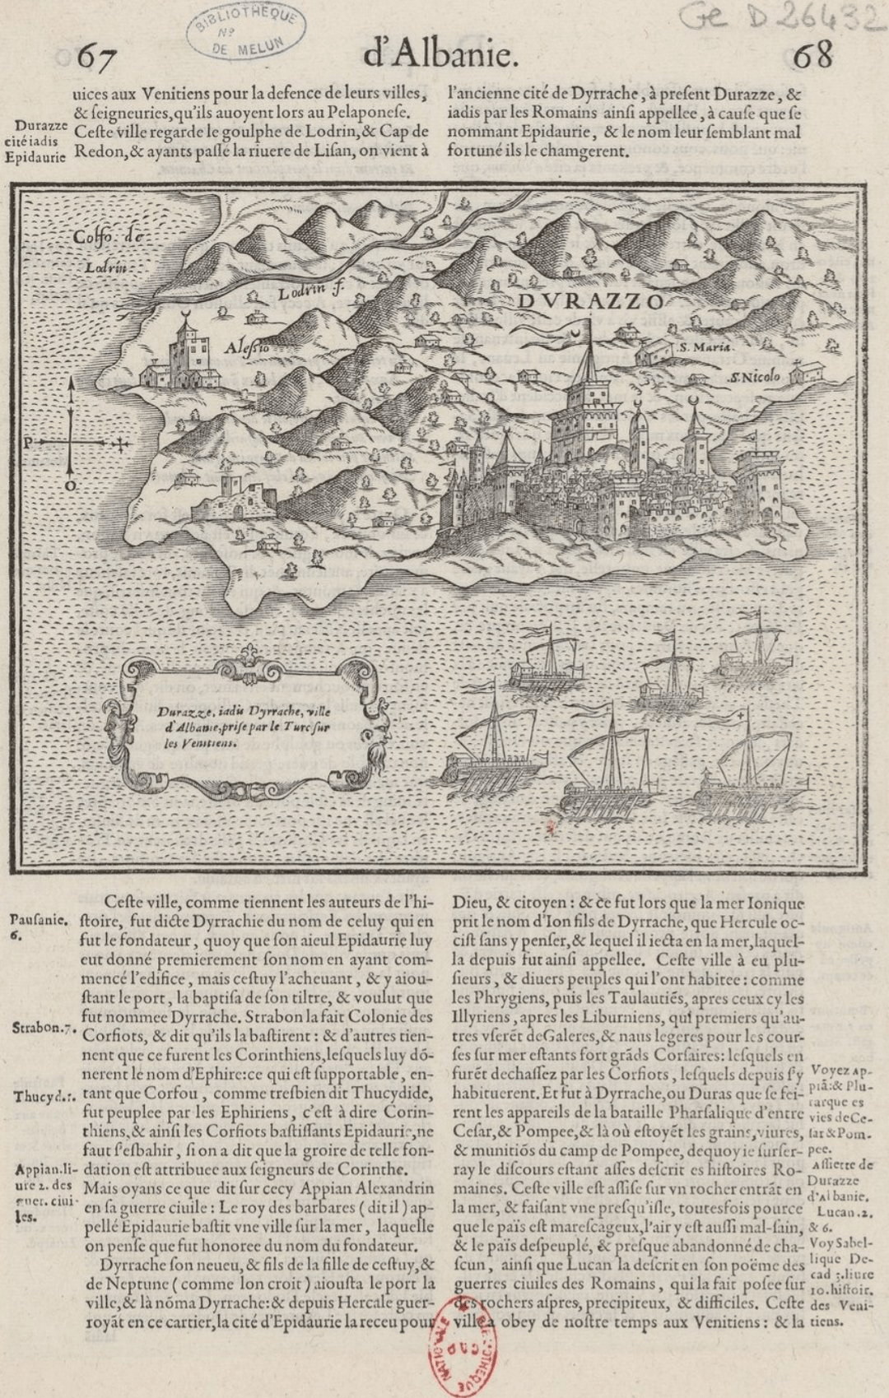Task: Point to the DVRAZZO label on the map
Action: pyautogui.click(x=590, y=301)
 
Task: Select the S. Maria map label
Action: pyautogui.click(x=704, y=347)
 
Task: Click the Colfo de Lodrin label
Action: pyautogui.click(x=107, y=250)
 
